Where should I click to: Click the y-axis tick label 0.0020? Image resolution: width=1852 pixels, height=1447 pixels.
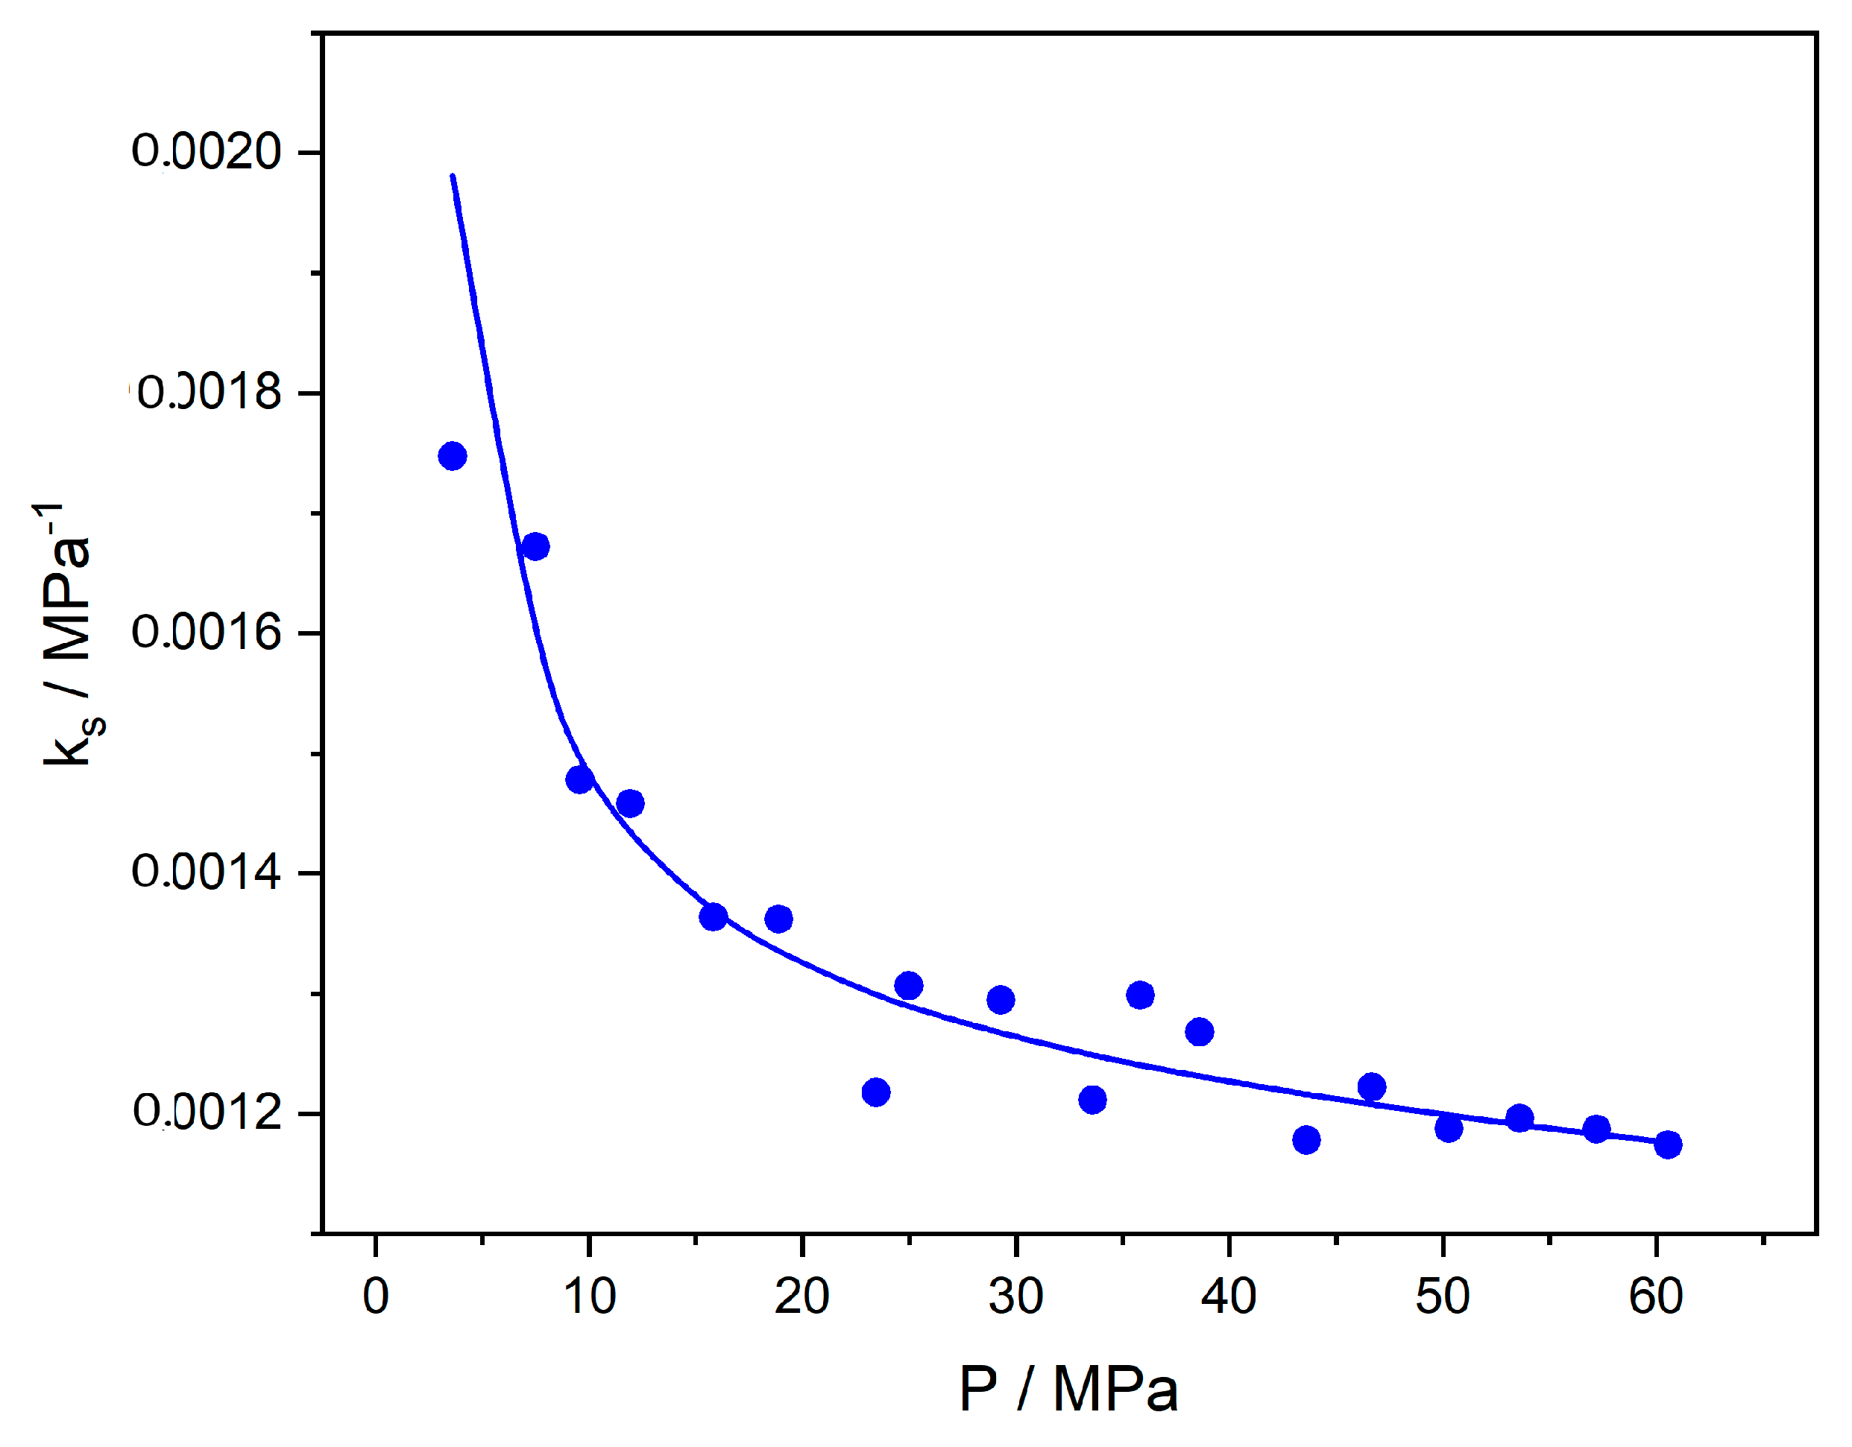pos(206,152)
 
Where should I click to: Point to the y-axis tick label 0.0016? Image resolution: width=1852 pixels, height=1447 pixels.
pos(206,633)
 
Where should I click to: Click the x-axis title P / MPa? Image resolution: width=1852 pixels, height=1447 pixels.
pos(1068,1390)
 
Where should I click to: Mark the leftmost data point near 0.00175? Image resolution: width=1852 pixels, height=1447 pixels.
pos(452,456)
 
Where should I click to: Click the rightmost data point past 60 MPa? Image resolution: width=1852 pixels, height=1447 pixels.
pos(1668,1145)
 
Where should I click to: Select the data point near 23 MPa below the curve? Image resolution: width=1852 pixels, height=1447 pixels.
pos(876,1092)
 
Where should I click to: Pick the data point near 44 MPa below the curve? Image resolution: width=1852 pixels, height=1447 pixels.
pos(1307,1140)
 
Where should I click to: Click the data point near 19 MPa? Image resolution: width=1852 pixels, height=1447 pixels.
pos(779,919)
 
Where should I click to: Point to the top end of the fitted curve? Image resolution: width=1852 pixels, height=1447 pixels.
pos(453,177)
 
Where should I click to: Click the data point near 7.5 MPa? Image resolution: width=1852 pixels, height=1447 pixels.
pos(535,547)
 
